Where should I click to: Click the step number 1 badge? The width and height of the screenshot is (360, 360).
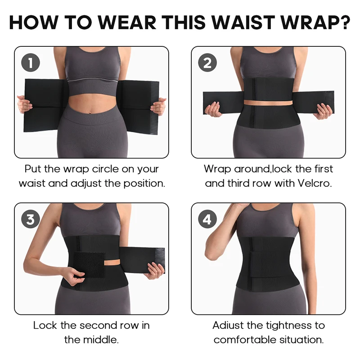[30, 63]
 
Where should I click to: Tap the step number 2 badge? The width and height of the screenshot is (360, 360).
[207, 63]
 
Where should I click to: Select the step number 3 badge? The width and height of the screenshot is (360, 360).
[30, 219]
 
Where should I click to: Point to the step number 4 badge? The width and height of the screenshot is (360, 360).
[207, 219]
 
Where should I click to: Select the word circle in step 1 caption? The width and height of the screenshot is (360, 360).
[96, 169]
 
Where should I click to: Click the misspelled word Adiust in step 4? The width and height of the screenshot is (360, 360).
[229, 325]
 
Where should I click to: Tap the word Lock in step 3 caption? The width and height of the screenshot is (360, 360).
[45, 325]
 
